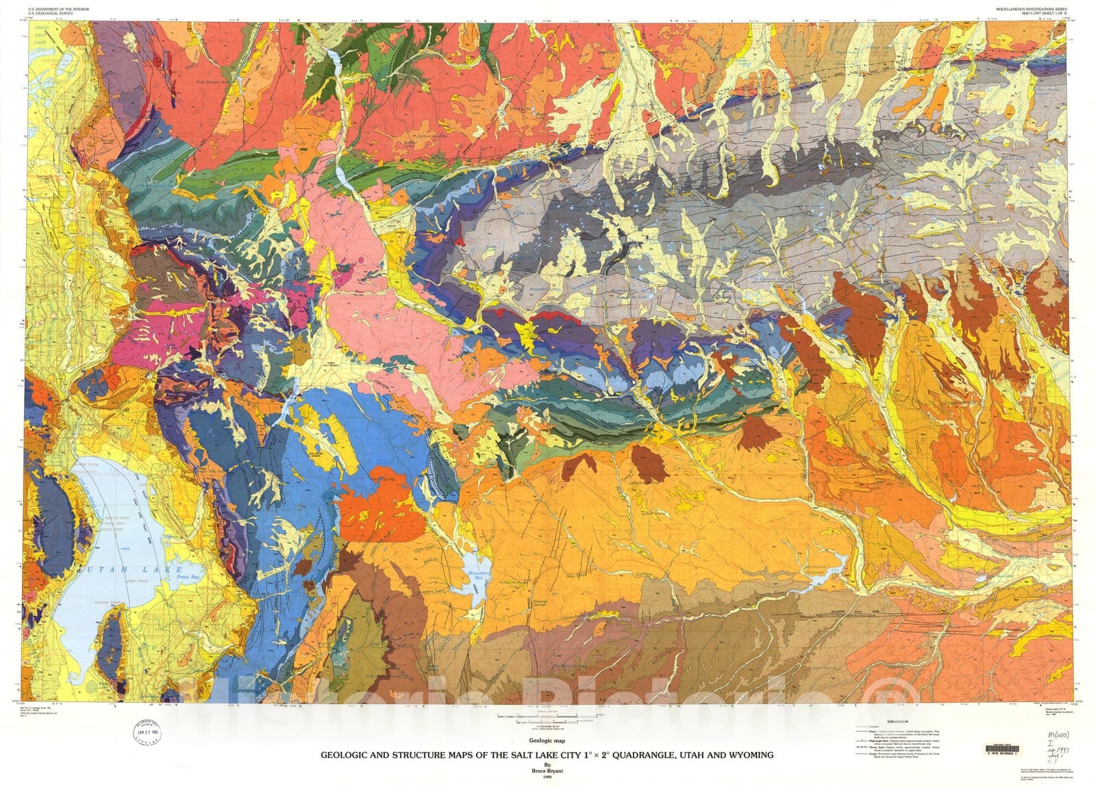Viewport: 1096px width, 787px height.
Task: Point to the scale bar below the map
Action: pyautogui.click(x=548, y=717)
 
